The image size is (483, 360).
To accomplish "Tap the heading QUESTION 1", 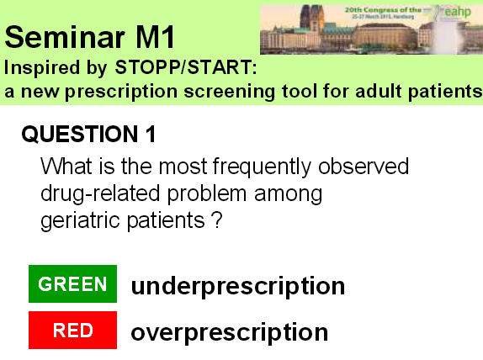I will pos(88,135).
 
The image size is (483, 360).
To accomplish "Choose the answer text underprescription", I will pos(237,286).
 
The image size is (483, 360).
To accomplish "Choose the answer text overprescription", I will pos(229,331).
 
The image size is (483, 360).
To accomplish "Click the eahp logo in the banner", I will pos(460,13).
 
